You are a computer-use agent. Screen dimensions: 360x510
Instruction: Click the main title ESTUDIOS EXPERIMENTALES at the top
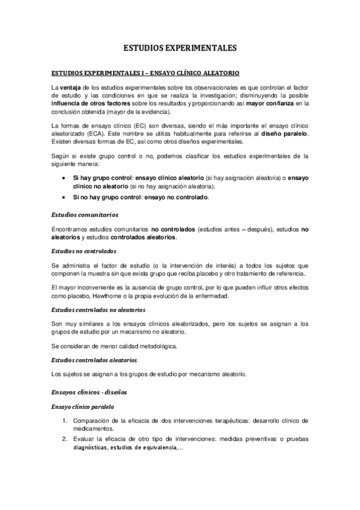[180, 48]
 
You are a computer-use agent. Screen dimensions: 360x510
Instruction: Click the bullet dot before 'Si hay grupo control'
[64, 179]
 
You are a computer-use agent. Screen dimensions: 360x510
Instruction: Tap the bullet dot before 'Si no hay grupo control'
[64, 197]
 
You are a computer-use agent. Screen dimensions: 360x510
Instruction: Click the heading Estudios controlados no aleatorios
[98, 310]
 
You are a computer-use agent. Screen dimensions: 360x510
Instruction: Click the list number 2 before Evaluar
[64, 438]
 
